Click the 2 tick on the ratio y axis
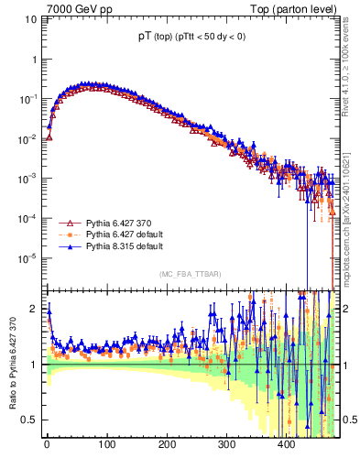tap(33, 309)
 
